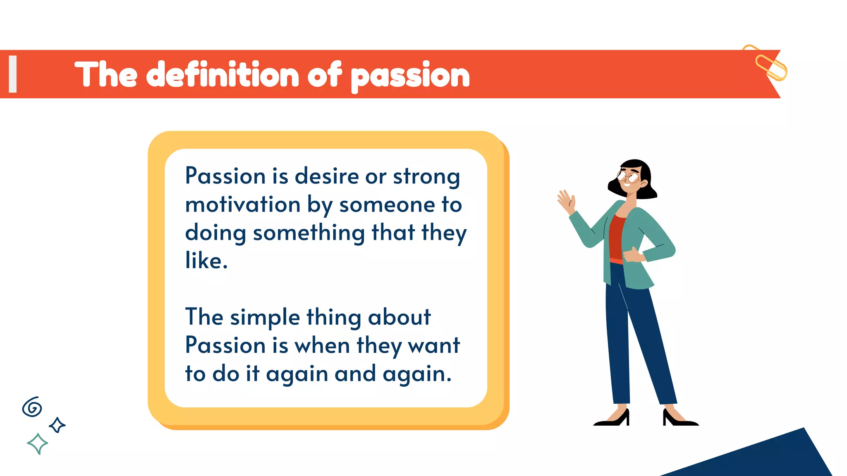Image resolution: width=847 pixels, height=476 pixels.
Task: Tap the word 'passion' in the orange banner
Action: [410, 76]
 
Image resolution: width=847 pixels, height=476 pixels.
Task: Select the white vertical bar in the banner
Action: [13, 74]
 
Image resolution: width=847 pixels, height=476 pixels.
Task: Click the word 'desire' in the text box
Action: [327, 176]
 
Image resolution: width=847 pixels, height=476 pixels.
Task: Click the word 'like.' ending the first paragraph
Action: [206, 261]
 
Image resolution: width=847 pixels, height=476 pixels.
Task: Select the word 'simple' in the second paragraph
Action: [265, 317]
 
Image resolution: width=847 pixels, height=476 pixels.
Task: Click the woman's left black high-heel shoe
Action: [614, 419]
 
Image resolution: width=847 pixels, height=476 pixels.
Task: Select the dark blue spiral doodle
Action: [32, 407]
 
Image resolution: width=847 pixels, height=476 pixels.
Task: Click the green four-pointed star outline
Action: [37, 444]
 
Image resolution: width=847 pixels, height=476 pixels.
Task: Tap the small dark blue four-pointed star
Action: [57, 425]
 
